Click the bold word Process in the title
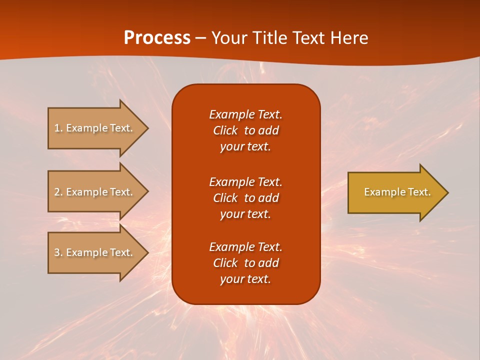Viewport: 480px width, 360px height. tap(157, 38)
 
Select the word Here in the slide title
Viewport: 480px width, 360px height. tap(350, 38)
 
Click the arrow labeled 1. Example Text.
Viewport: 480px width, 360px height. tap(95, 128)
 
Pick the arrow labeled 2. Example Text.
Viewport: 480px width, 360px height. tap(95, 192)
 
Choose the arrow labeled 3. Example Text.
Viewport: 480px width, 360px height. tap(95, 252)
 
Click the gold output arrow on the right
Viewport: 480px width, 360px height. tap(395, 192)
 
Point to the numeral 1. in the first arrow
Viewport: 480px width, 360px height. tap(58, 128)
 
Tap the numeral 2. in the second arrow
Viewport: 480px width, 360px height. tap(58, 192)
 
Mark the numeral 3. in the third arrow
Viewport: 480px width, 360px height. tap(58, 252)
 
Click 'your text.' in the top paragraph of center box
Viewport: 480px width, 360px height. tap(245, 147)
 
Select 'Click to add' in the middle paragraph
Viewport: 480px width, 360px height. tap(245, 198)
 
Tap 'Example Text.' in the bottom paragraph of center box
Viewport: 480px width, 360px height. tap(245, 247)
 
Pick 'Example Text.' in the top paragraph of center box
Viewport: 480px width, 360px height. tap(245, 114)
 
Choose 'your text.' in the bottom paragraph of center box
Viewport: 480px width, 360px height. tap(245, 279)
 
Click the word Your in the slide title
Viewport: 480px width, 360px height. tap(228, 38)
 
